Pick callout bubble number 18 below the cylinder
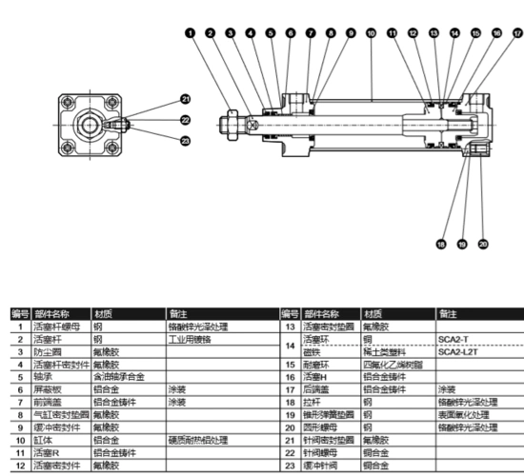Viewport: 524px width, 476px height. tap(440, 245)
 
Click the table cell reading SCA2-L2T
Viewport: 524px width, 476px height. tap(454, 351)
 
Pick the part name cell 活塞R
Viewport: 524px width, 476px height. tap(49, 453)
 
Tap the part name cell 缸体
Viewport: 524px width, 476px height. tap(44, 441)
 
